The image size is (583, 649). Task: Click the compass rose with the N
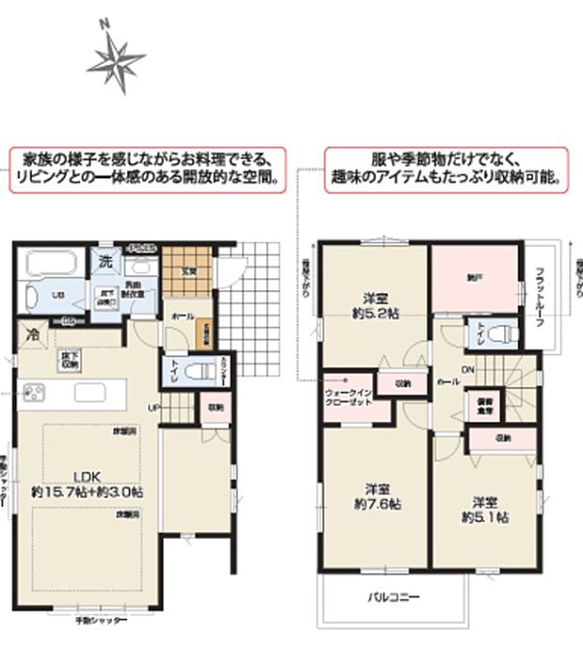(116, 62)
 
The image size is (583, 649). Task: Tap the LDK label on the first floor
(87, 475)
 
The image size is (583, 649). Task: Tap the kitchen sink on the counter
(93, 392)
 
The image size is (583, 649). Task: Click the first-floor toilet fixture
(193, 371)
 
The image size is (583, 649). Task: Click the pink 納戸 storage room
(476, 278)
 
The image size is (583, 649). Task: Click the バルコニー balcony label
(393, 595)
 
